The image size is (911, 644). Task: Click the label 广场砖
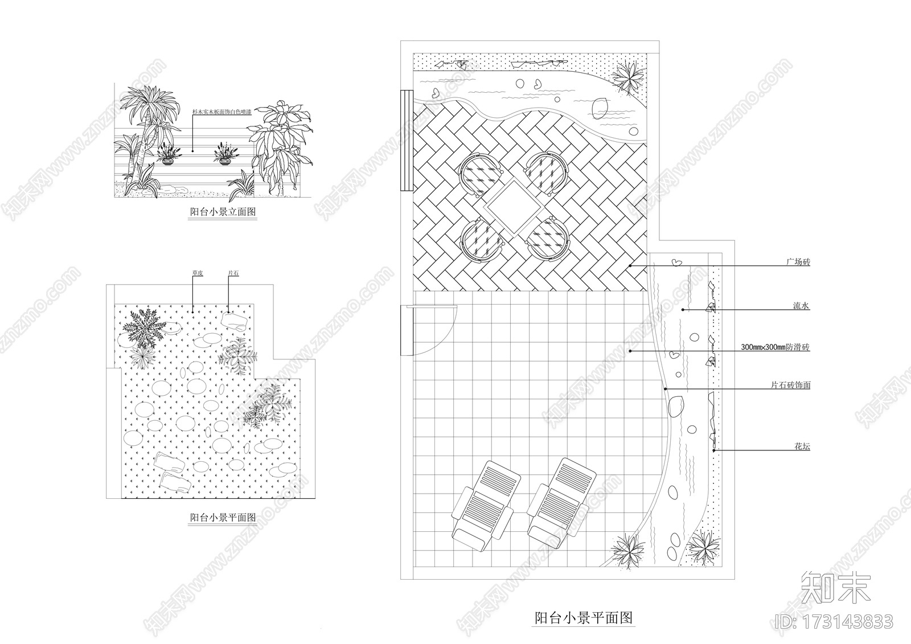(798, 262)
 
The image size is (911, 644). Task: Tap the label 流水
(802, 306)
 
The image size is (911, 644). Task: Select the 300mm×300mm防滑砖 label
(775, 347)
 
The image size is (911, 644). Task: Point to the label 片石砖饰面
(790, 385)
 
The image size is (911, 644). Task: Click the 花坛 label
(802, 446)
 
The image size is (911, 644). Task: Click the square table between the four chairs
(510, 207)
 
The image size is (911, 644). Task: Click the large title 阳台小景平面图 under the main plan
(584, 617)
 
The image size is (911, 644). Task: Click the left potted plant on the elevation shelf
(168, 155)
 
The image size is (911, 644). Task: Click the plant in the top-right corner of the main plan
(629, 76)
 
